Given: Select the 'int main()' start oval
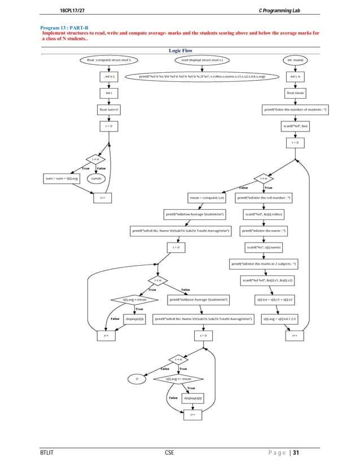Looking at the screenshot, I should pyautogui.click(x=295, y=59).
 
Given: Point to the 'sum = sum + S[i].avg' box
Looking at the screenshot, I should pyautogui.click(x=63, y=178).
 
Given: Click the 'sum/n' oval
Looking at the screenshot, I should pyautogui.click(x=96, y=178).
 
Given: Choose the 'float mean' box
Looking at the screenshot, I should pyautogui.click(x=295, y=93).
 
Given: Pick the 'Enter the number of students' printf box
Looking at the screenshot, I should pyautogui.click(x=295, y=109).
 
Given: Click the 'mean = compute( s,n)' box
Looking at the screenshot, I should pyautogui.click(x=208, y=198).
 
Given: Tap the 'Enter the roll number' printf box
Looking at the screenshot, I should pyautogui.click(x=264, y=198).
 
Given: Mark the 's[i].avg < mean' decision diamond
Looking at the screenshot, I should pyautogui.click(x=134, y=300).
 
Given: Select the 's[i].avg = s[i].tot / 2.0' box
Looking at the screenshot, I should pyautogui.click(x=280, y=319).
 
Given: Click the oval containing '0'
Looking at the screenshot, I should pyautogui.click(x=137, y=379).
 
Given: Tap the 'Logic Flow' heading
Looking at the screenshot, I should pyautogui.click(x=181, y=51).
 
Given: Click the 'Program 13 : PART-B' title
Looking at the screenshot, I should pyautogui.click(x=64, y=28).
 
